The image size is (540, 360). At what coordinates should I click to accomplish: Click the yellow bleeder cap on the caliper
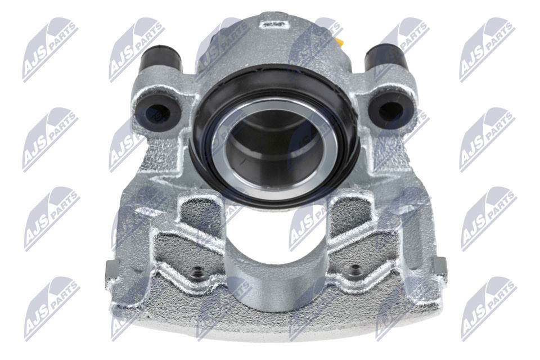point(340,41)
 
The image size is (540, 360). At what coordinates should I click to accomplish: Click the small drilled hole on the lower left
point(197,274)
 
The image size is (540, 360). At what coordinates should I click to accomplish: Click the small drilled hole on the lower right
point(354,271)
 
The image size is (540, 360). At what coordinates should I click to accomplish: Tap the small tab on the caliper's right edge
point(440,269)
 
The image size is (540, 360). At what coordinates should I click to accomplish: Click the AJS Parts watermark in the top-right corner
point(487,49)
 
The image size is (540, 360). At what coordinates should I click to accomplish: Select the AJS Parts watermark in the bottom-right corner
point(488,308)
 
